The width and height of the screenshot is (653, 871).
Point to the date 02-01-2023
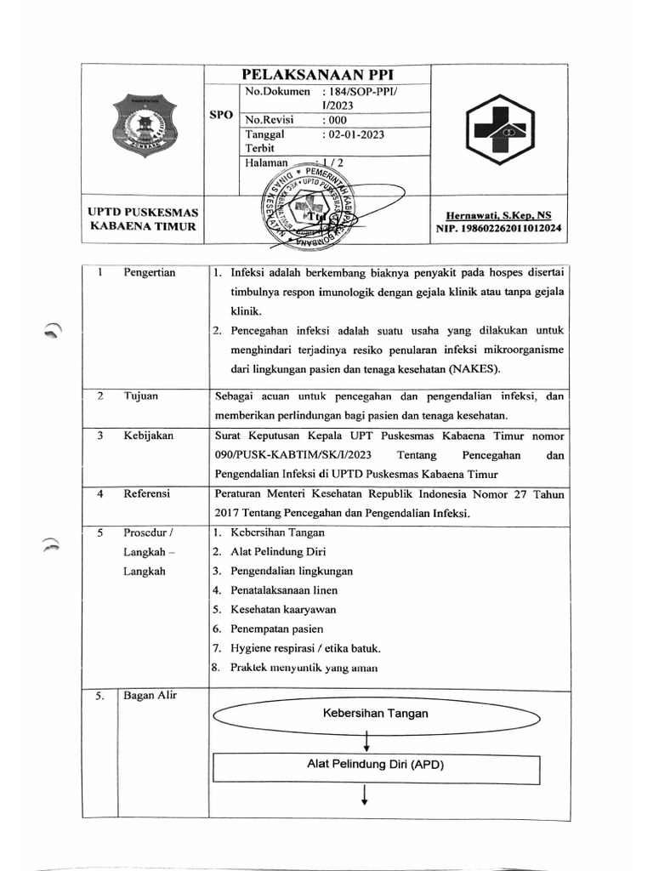pos(356,134)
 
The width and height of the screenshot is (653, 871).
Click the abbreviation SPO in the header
pos(222,115)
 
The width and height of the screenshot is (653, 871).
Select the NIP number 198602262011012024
pos(498,229)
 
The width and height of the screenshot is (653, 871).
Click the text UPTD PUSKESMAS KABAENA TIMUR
pos(142,219)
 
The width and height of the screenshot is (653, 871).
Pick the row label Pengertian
pos(150,273)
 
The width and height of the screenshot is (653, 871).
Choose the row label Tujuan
pos(141,396)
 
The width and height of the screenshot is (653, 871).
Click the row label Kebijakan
pos(149,435)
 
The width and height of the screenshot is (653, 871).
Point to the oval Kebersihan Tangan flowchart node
pos(375,714)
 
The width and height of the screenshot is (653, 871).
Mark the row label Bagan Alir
pos(149,697)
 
